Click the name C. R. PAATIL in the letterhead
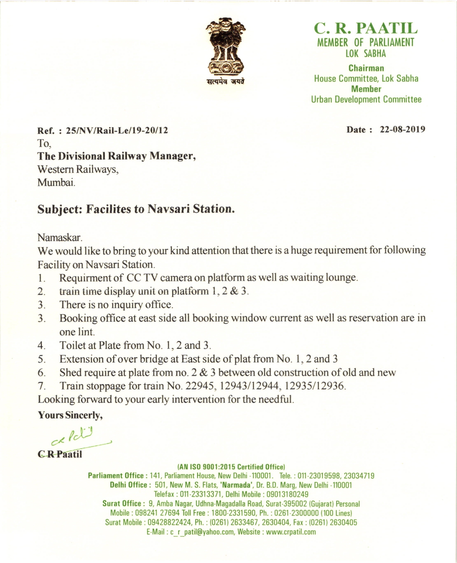(x=366, y=28)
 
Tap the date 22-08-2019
(x=402, y=130)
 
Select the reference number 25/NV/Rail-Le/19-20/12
(x=117, y=131)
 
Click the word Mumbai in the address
(x=56, y=182)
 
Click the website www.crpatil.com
(x=291, y=532)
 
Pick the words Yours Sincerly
(x=70, y=415)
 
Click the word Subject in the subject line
(x=59, y=209)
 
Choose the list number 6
(x=41, y=373)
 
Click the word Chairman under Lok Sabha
(x=366, y=68)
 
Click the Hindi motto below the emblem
(x=226, y=81)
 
